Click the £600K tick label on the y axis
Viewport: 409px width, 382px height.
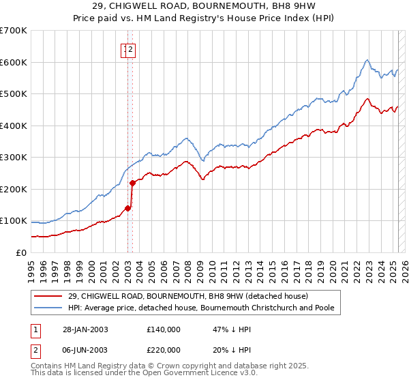[x=13, y=62]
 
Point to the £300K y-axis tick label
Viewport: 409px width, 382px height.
[x=13, y=157]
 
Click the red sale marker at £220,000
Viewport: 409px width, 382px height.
[x=132, y=182]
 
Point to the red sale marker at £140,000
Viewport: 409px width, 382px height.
[x=128, y=208]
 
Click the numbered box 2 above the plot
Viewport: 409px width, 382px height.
[x=131, y=48]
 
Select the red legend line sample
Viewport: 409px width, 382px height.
[x=48, y=296]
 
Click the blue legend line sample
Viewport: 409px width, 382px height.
[x=48, y=308]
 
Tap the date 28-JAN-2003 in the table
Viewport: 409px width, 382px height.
[x=84, y=329]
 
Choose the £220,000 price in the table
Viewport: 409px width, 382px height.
[x=163, y=350]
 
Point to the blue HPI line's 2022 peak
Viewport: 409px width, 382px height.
[x=367, y=60]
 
